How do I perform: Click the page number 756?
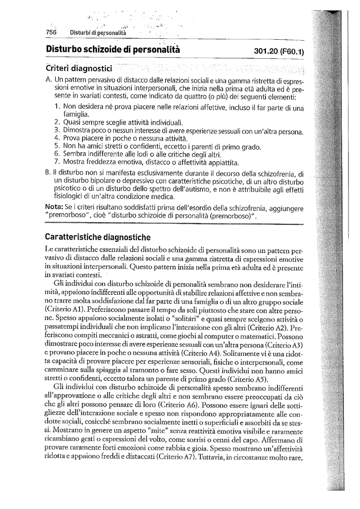pos(51,32)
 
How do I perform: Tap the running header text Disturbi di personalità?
pos(98,33)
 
